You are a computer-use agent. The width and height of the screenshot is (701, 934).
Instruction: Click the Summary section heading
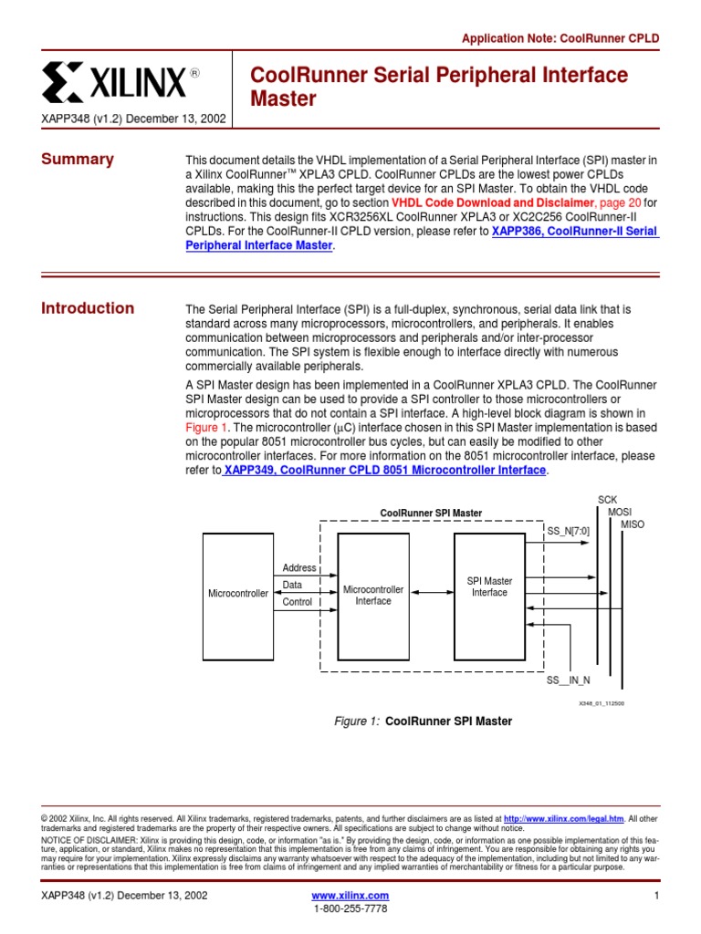click(78, 160)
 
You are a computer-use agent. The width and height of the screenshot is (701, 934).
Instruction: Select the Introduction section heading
click(88, 308)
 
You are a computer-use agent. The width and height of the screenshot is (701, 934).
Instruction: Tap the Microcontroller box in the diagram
click(238, 594)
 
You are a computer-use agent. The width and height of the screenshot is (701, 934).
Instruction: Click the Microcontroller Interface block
click(372, 595)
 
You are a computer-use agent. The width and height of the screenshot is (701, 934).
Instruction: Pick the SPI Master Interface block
click(489, 586)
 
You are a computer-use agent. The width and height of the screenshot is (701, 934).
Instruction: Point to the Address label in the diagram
click(299, 567)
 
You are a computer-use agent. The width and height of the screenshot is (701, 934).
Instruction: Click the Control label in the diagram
click(298, 602)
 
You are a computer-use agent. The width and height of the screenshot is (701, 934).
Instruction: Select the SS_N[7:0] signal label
click(568, 530)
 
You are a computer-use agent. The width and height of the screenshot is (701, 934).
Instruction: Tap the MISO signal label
click(632, 524)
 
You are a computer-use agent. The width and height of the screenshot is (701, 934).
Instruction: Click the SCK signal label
click(607, 500)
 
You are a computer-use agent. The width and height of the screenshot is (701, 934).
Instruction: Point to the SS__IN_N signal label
click(568, 680)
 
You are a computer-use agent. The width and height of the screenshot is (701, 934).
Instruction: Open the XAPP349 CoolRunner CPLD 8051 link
click(385, 471)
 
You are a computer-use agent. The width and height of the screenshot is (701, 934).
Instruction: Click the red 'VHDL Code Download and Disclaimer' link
click(492, 202)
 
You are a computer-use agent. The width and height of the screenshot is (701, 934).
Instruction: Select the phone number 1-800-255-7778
click(350, 909)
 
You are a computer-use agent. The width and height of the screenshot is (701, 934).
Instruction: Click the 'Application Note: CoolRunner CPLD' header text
click(560, 38)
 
